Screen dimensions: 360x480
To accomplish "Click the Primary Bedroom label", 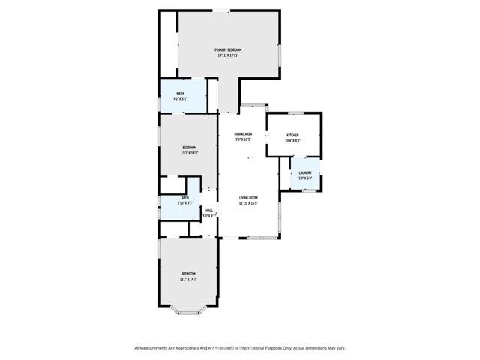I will click(228, 49).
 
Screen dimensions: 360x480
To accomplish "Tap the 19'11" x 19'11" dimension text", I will click(228, 55).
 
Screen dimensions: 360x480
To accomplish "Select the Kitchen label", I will click(292, 136).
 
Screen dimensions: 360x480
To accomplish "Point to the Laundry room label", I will click(305, 172).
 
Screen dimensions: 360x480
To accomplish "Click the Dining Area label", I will click(243, 133).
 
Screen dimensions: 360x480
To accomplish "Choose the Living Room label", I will click(248, 197).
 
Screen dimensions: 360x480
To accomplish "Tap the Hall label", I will click(210, 211).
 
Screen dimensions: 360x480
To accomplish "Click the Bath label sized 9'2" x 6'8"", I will click(180, 93).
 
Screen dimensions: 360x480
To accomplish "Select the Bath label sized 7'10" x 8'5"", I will click(184, 197).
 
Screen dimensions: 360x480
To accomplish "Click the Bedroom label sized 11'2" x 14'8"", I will click(189, 147).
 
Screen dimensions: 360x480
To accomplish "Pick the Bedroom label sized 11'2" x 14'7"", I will click(188, 273).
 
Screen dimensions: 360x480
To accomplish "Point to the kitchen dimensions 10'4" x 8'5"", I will click(292, 141).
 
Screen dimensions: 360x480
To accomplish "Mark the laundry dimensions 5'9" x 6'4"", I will click(305, 178).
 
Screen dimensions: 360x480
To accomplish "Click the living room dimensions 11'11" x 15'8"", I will click(248, 202).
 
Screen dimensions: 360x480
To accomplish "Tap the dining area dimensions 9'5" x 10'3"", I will click(243, 139).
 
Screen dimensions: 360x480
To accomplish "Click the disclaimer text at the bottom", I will click(240, 348).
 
